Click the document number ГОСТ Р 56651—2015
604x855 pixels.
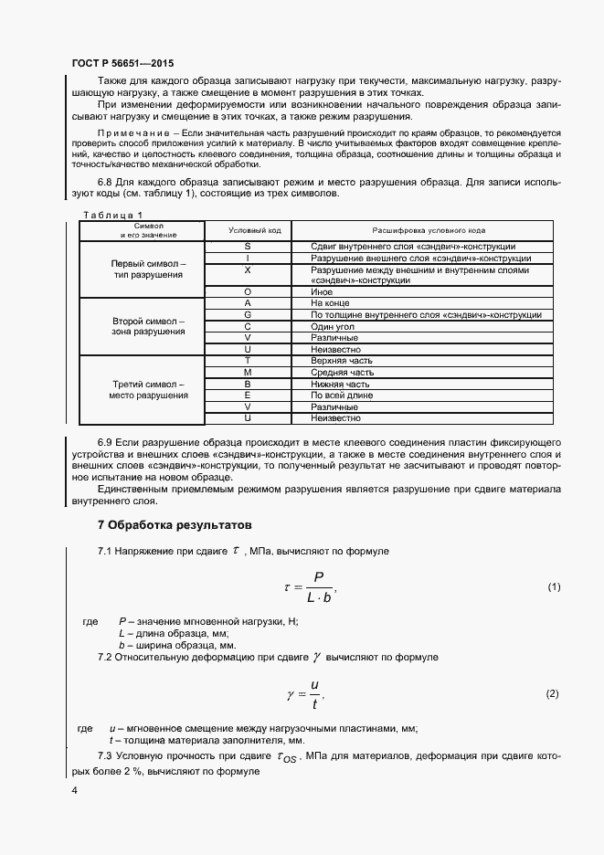point(122,65)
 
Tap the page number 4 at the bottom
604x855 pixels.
point(74,789)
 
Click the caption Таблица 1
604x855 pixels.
point(113,215)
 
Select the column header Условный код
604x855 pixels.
point(247,230)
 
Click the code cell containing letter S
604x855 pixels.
point(248,247)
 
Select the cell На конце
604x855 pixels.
point(331,302)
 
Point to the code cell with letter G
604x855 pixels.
point(248,314)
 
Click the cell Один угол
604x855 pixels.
point(334,326)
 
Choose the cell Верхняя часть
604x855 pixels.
point(343,361)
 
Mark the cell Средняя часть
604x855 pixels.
point(342,373)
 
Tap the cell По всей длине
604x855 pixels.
point(342,396)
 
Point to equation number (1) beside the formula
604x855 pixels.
point(554,586)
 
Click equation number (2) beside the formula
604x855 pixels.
point(552,694)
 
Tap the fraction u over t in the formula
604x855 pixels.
point(314,693)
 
